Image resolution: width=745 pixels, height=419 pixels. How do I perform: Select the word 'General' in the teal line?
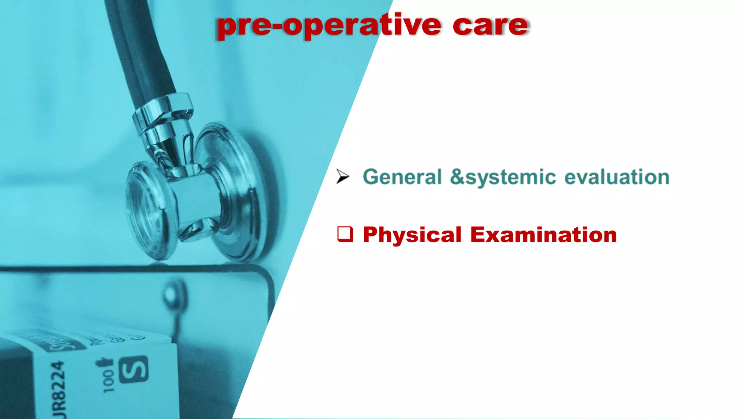[x=402, y=177]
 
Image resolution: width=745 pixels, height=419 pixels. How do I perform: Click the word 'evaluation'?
[x=617, y=177]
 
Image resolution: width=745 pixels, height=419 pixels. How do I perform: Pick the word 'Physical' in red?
[x=412, y=235]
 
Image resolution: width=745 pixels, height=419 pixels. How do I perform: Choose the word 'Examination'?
[x=543, y=235]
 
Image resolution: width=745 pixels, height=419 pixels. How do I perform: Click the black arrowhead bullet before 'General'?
[x=342, y=176]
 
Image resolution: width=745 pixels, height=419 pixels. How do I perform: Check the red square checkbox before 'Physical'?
[x=345, y=234]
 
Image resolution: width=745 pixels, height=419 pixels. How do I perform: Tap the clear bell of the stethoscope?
[x=146, y=211]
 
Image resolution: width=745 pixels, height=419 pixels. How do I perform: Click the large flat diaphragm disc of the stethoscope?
[x=236, y=193]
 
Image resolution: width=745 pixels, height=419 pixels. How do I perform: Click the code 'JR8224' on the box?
[x=58, y=389]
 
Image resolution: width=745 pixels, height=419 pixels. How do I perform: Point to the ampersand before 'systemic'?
[x=457, y=177]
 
